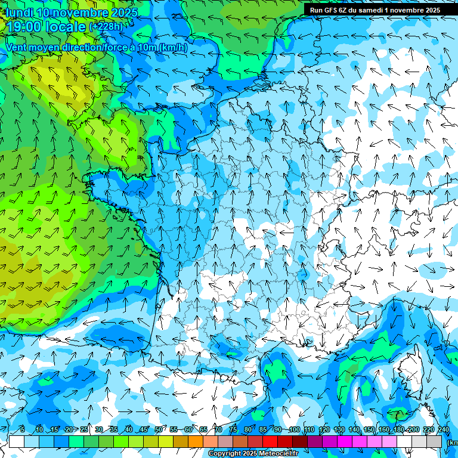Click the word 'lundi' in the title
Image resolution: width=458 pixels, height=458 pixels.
click(x=19, y=13)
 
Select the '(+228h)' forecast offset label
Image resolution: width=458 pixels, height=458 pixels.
click(x=106, y=27)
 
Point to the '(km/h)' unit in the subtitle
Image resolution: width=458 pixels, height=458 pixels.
click(x=173, y=47)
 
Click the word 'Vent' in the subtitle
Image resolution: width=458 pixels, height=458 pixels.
click(x=17, y=47)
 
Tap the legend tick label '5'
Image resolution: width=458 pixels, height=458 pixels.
click(x=22, y=430)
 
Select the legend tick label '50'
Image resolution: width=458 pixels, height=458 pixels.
click(x=159, y=430)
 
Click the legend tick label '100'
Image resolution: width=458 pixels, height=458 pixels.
click(x=294, y=430)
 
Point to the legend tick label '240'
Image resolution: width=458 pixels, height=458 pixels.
click(x=444, y=430)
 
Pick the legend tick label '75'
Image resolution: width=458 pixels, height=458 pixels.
click(x=233, y=430)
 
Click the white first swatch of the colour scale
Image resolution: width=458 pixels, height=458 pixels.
click(x=17, y=442)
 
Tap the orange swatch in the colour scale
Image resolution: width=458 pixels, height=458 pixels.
click(x=196, y=442)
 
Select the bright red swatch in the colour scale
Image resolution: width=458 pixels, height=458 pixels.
click(x=270, y=442)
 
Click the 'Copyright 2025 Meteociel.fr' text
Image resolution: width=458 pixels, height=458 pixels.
click(x=253, y=454)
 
